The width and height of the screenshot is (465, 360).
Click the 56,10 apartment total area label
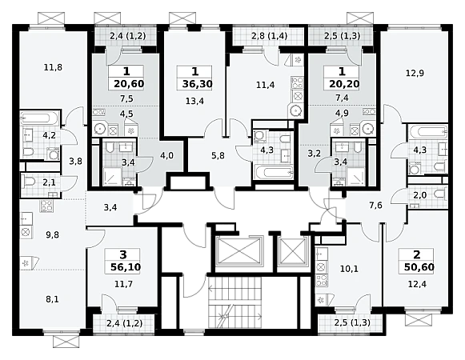(126, 267)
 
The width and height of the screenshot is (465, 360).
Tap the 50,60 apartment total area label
(419, 267)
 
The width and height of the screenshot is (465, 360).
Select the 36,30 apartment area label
(197, 84)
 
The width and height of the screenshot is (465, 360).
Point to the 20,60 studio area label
(129, 84)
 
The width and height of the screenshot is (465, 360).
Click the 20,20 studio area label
(344, 84)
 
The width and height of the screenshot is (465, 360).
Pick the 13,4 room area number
(194, 102)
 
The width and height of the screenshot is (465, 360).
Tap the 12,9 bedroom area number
(415, 74)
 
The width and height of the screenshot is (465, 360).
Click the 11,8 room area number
(53, 68)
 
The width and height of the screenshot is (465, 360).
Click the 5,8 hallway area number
(218, 156)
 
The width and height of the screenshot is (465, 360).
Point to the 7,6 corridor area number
(375, 206)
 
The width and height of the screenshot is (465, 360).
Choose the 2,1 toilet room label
(49, 182)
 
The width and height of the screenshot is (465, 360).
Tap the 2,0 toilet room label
(420, 195)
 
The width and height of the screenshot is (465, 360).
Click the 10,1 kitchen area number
(349, 269)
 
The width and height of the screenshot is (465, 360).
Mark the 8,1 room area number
(52, 299)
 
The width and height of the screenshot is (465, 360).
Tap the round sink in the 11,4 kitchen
(295, 111)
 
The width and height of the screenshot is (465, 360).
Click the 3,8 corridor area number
(75, 162)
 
